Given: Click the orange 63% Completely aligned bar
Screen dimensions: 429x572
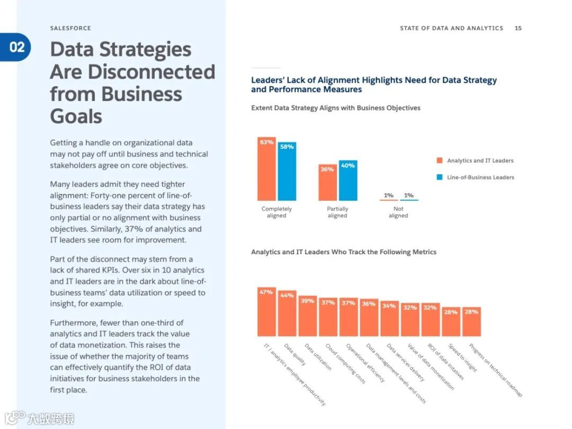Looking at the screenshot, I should click(x=266, y=169).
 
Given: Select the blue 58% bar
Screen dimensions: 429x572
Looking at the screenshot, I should click(x=287, y=172).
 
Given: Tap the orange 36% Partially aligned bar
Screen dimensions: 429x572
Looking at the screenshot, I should click(x=327, y=183).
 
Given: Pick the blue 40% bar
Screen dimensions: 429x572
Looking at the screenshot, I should click(x=348, y=181).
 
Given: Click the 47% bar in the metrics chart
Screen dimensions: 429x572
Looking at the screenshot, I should click(x=266, y=312).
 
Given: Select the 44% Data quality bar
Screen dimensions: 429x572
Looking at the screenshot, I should click(x=287, y=314).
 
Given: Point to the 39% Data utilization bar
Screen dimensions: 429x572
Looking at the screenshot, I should click(x=307, y=316).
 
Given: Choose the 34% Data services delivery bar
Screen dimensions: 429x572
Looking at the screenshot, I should click(x=389, y=319).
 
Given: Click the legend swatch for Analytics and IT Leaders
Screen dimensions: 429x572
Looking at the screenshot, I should click(x=440, y=160).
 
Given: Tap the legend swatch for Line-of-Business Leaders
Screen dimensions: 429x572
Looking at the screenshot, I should click(x=440, y=177).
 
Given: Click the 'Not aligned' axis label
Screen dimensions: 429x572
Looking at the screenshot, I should click(x=398, y=212).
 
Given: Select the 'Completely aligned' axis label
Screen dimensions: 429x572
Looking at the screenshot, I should click(x=276, y=212).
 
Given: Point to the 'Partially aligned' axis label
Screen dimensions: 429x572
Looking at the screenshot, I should click(x=337, y=212).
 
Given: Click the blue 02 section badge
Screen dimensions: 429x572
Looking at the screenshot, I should click(x=16, y=47).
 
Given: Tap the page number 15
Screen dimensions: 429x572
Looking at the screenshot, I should click(x=518, y=28).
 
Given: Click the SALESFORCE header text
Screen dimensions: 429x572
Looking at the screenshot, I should click(x=70, y=28).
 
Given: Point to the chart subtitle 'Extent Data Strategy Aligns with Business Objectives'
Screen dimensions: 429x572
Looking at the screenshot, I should click(x=335, y=108).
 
